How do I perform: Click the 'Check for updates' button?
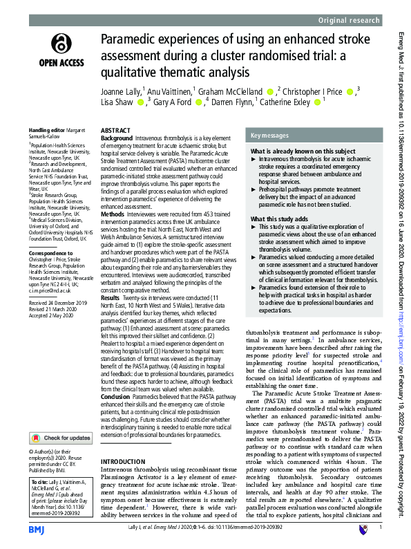(61, 418)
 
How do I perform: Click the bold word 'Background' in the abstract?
(117, 139)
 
